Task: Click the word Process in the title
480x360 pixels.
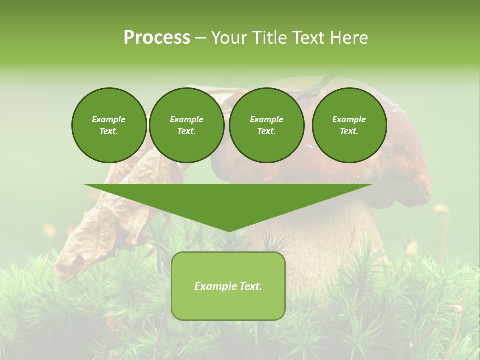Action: [157, 38]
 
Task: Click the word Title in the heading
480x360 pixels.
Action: [269, 38]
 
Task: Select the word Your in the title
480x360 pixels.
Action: [229, 38]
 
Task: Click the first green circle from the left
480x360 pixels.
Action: [109, 125]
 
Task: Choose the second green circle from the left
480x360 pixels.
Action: [187, 125]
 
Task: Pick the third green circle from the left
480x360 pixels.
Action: [267, 125]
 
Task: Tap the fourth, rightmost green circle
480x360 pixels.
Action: [349, 125]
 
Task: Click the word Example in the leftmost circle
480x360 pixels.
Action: [109, 119]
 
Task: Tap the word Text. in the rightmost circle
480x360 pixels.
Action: [349, 131]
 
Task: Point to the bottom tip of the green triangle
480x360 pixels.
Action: [228, 230]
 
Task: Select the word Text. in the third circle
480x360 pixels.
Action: [267, 131]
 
